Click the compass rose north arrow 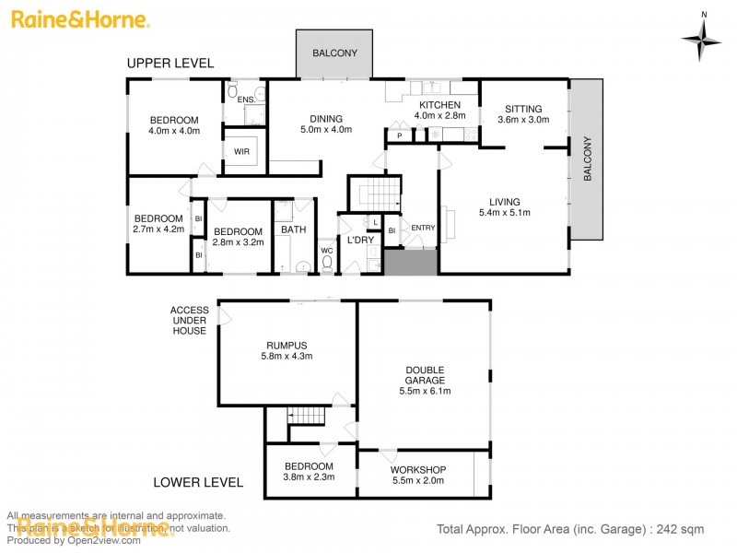[x=703, y=37]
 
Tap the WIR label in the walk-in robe [x=241, y=151]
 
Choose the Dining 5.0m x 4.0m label [x=326, y=124]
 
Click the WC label [x=326, y=250]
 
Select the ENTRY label [x=423, y=229]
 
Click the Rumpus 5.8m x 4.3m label [x=287, y=350]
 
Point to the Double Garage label [x=425, y=380]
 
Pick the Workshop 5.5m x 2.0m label [x=417, y=475]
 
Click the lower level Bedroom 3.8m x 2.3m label [x=309, y=471]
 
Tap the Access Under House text [x=189, y=320]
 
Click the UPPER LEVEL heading [x=170, y=64]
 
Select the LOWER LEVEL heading [x=198, y=482]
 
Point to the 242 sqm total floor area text [x=569, y=529]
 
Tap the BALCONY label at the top [x=334, y=53]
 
